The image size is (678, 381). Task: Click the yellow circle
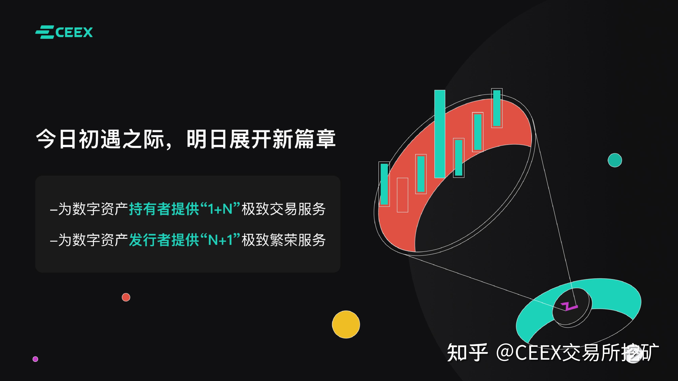pos(346,324)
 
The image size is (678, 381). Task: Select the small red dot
pos(126,297)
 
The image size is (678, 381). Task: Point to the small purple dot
pos(35,359)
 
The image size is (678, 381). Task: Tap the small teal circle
pos(615,160)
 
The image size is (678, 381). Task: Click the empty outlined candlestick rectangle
pos(402,195)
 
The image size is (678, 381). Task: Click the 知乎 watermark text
pos(467,352)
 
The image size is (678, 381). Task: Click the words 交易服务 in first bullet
pos(298,209)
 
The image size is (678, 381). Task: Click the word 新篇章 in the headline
pos(304,139)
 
